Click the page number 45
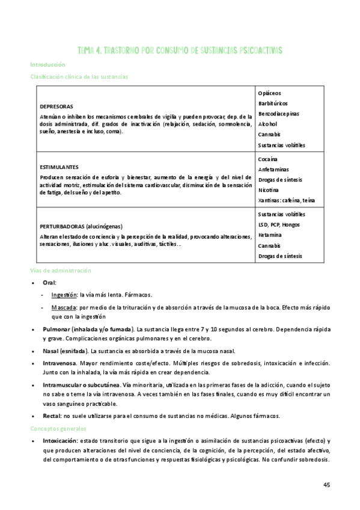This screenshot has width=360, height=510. [x=326, y=485]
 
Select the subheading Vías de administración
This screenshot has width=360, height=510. [x=60, y=271]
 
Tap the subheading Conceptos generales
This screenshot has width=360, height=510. [x=58, y=428]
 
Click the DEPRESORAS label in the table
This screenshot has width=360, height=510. [x=56, y=106]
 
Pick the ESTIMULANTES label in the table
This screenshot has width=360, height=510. [x=59, y=167]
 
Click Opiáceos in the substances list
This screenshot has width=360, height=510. [x=269, y=93]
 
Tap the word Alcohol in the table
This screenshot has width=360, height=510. [x=267, y=124]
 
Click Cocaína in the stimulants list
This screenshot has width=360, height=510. [x=267, y=159]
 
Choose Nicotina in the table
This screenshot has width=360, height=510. [x=269, y=189]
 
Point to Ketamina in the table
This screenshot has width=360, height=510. [x=269, y=235]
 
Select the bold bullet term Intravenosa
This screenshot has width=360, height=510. [x=59, y=363]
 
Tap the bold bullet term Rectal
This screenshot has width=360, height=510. [x=52, y=416]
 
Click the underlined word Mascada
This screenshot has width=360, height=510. [x=63, y=307]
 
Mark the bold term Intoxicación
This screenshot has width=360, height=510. [x=62, y=440]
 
